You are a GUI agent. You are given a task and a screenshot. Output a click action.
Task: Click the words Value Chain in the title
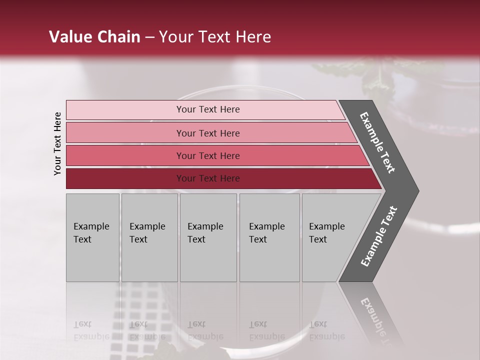click(94, 37)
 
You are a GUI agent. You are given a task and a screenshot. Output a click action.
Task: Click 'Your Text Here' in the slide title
click(215, 37)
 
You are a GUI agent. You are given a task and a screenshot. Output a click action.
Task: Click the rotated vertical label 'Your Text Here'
click(57, 143)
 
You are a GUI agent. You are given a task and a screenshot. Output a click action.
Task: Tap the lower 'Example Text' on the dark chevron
click(379, 236)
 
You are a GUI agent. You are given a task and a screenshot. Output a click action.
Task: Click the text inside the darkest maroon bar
click(208, 178)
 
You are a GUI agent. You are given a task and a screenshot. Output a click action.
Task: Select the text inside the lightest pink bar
click(208, 109)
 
